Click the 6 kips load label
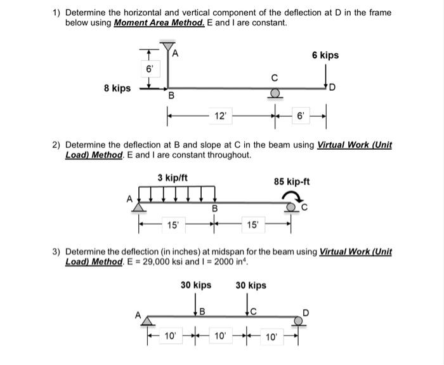(325, 55)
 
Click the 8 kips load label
(117, 88)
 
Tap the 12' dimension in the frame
(220, 117)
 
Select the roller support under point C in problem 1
(274, 94)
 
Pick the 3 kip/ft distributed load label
(172, 177)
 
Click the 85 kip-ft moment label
(291, 182)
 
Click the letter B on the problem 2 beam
(214, 209)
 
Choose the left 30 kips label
(196, 285)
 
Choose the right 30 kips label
(251, 285)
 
